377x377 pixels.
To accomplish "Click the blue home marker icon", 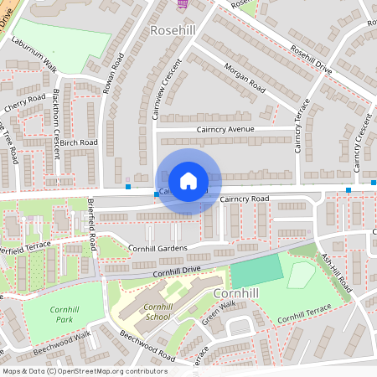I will click(x=188, y=180).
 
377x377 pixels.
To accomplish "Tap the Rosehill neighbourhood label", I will click(x=173, y=30).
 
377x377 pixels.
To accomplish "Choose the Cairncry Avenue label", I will click(x=225, y=130).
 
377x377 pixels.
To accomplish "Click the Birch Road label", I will click(x=79, y=142).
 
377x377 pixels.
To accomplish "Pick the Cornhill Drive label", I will click(x=178, y=270).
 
